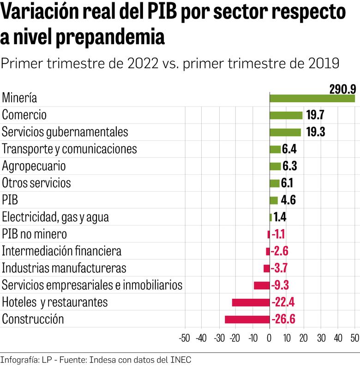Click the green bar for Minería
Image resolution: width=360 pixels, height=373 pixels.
pos(312,98)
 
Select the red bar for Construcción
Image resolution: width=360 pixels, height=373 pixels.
pos(247,320)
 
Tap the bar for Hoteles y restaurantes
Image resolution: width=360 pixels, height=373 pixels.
pos(251,302)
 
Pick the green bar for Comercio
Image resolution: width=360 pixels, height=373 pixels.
pos(286,115)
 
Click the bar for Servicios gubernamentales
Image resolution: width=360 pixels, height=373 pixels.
pos(285,132)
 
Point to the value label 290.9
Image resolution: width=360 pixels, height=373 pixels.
pos(342,89)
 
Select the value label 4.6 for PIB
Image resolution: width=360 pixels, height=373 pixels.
pos(288,201)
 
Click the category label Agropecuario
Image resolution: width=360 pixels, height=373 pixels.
pos(34,166)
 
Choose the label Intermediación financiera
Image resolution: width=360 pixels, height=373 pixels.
pos(62,251)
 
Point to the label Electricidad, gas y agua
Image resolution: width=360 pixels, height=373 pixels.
pos(55,217)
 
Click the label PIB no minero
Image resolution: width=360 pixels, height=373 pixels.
pos(35,234)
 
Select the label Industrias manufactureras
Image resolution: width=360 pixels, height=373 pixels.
pos(64,268)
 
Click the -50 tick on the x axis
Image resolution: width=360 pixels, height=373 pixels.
pos(184,337)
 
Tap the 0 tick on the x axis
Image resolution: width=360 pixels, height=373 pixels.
pos(270,337)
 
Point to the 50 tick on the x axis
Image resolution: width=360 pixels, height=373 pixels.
pos(354,337)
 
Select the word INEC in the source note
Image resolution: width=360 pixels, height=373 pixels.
pos(180,360)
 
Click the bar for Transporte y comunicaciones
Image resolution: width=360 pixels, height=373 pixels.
pos(275,149)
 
